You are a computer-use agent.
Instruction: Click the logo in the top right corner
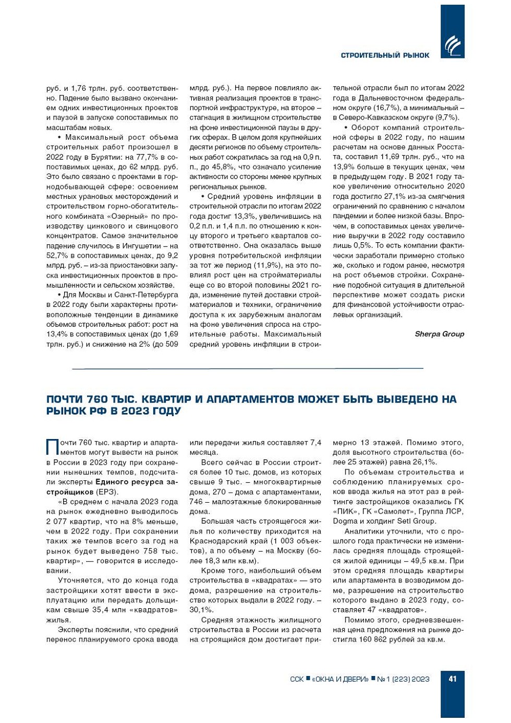452,46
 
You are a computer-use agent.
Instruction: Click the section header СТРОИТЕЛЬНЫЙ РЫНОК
385,55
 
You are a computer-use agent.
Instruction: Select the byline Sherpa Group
439,334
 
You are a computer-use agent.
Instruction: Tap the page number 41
452,679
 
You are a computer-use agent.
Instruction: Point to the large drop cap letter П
53,447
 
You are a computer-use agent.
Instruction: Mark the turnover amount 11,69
391,157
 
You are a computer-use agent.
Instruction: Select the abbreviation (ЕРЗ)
107,492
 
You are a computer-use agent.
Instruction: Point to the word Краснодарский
214,541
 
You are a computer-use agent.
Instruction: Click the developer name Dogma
345,521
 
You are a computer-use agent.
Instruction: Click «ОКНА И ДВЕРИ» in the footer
340,679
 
